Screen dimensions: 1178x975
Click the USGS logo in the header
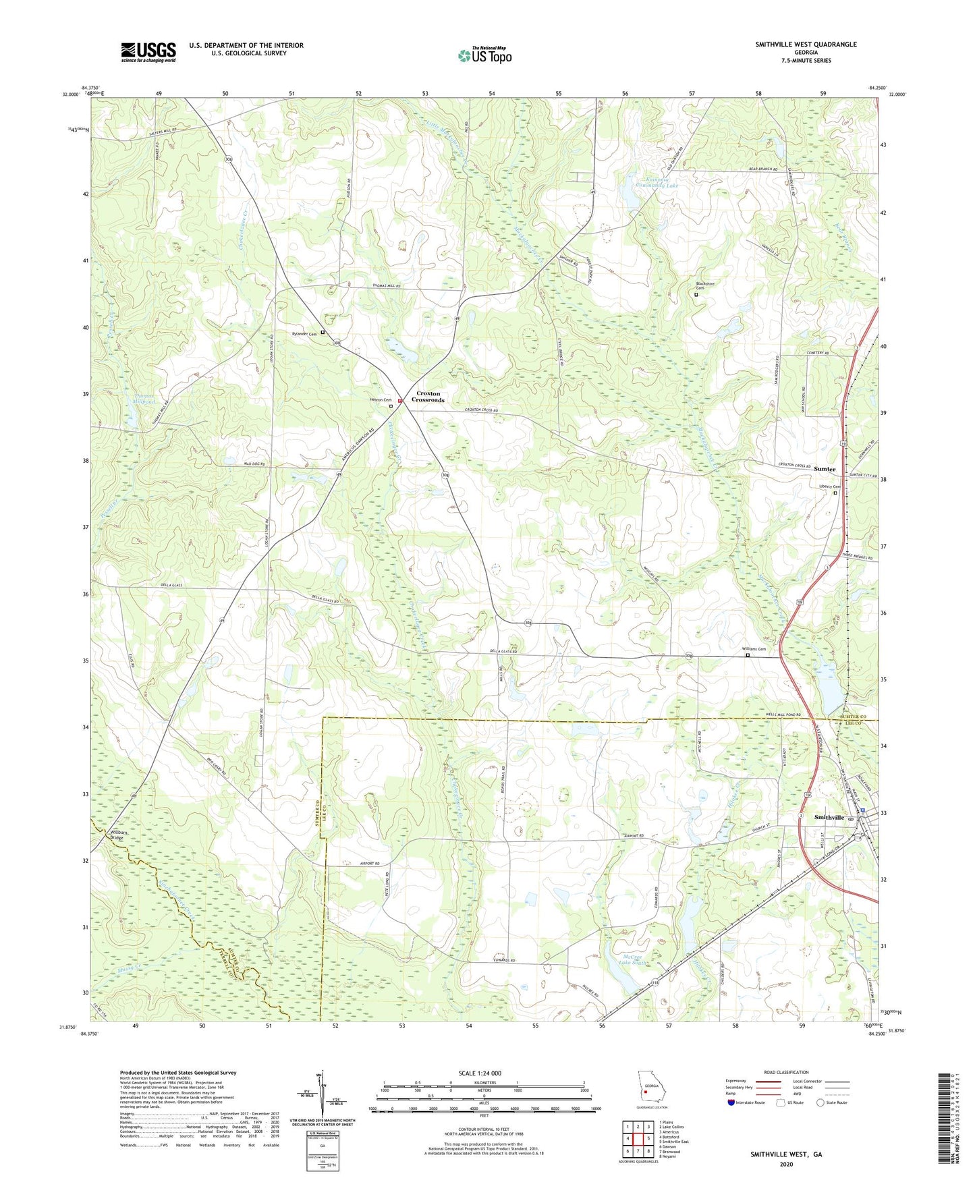click(148, 52)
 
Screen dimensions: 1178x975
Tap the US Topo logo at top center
click(484, 55)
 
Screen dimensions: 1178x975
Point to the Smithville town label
click(829, 817)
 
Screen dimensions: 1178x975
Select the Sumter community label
click(824, 468)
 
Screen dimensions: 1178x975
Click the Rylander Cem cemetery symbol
click(323, 333)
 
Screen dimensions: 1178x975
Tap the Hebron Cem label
click(380, 400)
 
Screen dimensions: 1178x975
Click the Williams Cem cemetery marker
click(747, 654)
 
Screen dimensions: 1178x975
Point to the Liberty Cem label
click(829, 486)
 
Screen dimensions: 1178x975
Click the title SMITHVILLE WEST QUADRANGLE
click(806, 45)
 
